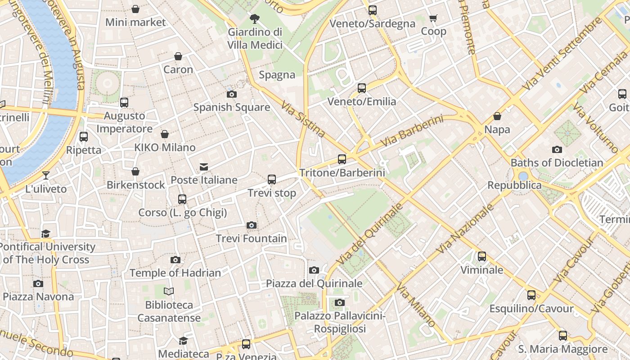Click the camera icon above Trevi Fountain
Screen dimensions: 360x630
point(252,225)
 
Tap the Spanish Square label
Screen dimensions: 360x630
point(232,107)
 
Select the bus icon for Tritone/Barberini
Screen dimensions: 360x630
point(342,159)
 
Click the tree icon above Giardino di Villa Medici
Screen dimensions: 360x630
point(255,19)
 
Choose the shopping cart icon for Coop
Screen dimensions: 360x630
point(433,18)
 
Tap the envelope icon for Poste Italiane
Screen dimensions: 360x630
point(204,167)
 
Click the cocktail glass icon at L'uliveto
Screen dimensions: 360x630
point(46,175)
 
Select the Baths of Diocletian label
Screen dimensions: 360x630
point(557,162)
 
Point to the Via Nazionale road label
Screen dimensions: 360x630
point(466,229)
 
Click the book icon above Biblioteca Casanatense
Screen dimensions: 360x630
point(169,292)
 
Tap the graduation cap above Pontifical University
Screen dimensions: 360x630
point(46,234)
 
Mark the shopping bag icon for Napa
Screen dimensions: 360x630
point(497,117)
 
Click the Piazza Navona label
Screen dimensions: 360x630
point(38,297)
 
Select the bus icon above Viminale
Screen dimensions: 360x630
point(482,256)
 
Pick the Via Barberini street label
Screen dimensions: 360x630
point(412,131)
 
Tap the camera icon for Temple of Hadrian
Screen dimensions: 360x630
point(175,260)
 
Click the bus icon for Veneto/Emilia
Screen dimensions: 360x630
point(362,88)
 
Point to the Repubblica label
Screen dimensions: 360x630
point(514,185)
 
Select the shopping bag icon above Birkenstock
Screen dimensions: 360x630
point(135,171)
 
